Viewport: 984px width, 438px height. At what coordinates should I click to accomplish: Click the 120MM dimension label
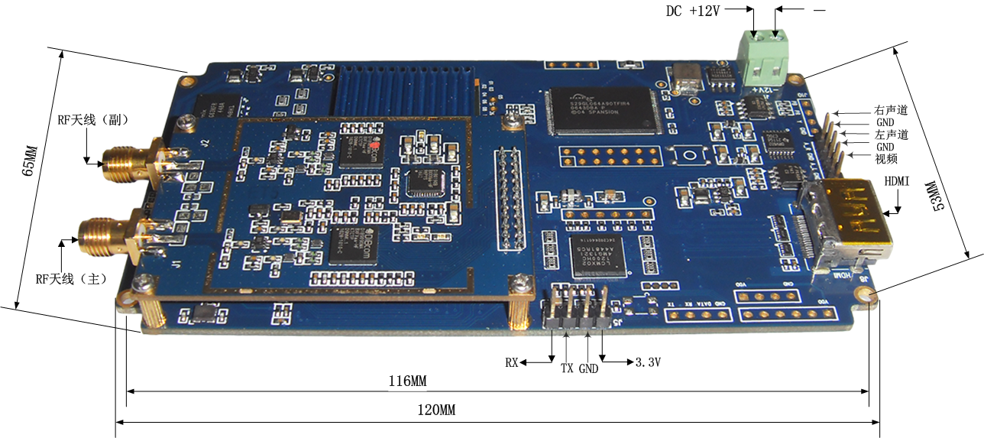436,410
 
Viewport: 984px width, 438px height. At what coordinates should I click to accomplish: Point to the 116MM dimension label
408,381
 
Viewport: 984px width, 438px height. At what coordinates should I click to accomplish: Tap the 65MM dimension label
28,161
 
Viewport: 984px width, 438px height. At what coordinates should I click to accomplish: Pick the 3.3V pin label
648,362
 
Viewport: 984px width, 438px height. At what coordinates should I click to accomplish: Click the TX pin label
567,368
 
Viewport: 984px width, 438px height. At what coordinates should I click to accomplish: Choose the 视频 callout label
886,159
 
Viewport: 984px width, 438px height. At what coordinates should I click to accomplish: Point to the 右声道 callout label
892,110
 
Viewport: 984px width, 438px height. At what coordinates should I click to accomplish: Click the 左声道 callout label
892,135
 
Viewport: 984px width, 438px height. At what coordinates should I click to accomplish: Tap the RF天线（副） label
92,120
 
